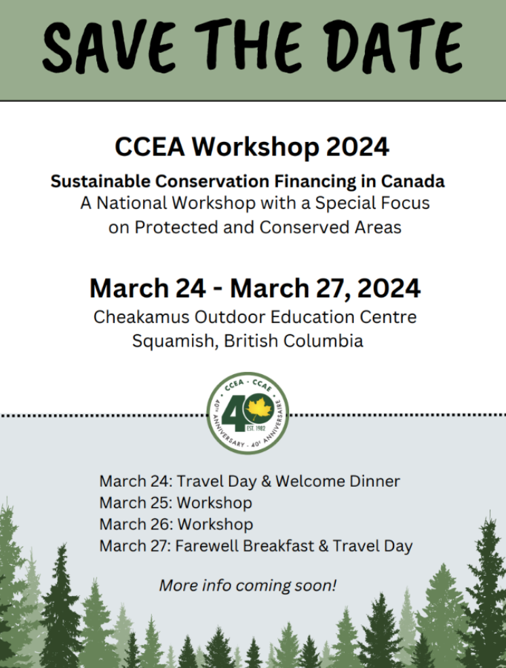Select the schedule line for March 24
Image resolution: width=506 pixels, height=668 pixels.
coord(249,481)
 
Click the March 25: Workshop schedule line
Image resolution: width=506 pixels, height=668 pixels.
coord(176,503)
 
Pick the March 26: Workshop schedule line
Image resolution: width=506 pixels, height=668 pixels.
coord(176,524)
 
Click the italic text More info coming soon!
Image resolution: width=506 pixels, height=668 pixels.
coord(248,584)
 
